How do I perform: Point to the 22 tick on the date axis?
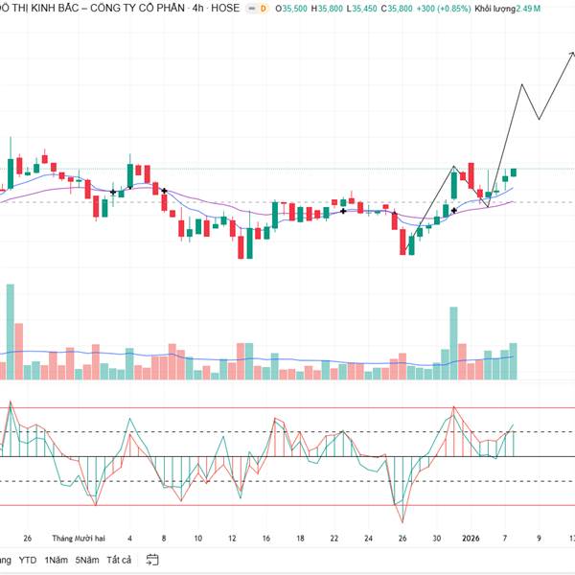333,539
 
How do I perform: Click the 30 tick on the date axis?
437,539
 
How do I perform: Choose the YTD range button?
28,560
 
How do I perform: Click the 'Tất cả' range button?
119,560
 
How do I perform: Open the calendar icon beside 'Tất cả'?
151,560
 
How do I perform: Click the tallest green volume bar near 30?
452,341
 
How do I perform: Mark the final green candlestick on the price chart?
514,172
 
